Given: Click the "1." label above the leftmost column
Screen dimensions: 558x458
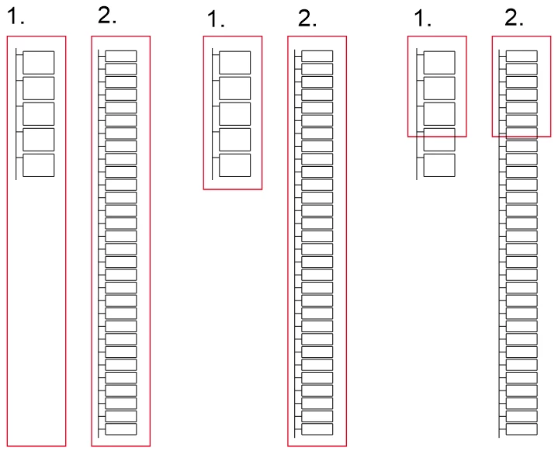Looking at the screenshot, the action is coord(16,17).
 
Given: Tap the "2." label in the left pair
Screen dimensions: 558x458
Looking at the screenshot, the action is coord(107,16).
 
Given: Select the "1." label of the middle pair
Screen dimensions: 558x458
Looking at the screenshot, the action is coord(216,19).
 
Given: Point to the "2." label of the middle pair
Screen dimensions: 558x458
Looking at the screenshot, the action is coord(307,19).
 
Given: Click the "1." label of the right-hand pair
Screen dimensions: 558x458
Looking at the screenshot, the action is coord(422,19).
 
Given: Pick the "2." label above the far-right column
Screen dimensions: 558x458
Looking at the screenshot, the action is coord(514,17).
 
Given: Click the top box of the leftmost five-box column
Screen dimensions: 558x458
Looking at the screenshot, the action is coord(39,63).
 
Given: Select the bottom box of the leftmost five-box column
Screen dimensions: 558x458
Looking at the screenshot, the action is coord(39,165).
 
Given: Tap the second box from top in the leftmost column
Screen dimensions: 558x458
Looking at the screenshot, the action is coord(39,88).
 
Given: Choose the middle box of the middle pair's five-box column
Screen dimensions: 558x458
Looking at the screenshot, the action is coord(235,114).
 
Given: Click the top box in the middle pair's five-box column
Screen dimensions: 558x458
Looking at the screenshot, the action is coord(235,63).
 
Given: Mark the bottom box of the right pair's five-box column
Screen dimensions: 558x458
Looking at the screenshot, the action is coord(439,165).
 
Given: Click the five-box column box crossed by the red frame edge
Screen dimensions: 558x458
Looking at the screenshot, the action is coord(439,140).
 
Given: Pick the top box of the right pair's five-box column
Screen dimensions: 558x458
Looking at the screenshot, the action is coord(439,63).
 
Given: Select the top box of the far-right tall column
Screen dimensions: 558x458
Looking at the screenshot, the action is coord(522,56).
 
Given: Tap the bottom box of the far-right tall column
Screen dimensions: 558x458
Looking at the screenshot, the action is coord(522,429).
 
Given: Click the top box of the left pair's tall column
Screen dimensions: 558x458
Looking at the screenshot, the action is coord(121,56).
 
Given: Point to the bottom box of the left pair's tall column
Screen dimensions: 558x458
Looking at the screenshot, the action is coord(121,429).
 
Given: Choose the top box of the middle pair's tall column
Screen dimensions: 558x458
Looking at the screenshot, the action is coord(317,56).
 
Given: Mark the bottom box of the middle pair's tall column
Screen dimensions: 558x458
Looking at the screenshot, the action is coord(317,429).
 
